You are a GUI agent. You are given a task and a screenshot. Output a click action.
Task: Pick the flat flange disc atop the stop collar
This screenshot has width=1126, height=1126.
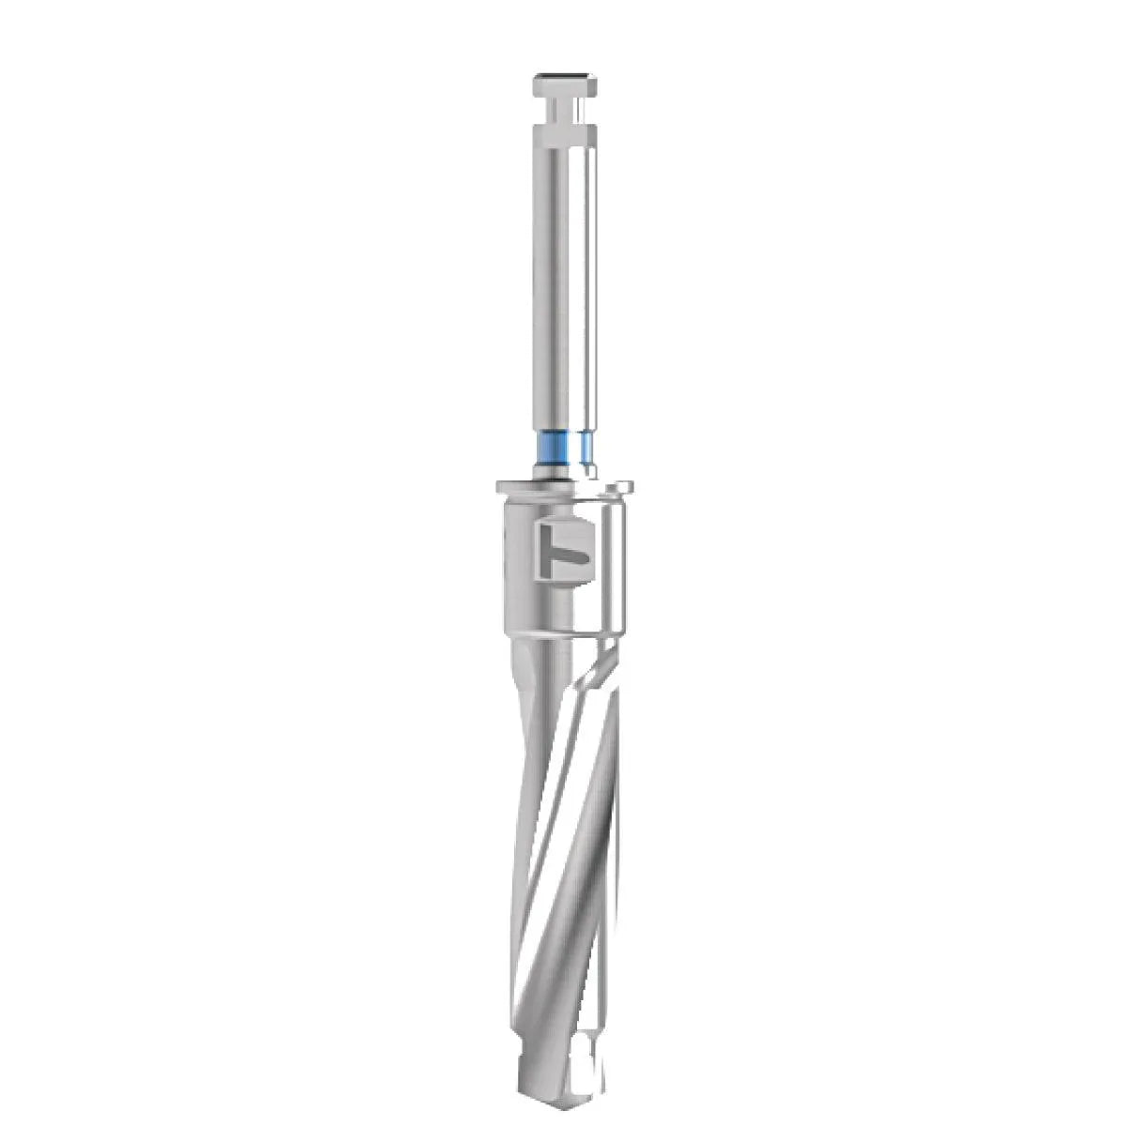point(561,489)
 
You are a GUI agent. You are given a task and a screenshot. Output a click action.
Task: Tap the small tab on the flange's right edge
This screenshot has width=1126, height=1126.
point(623,486)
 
